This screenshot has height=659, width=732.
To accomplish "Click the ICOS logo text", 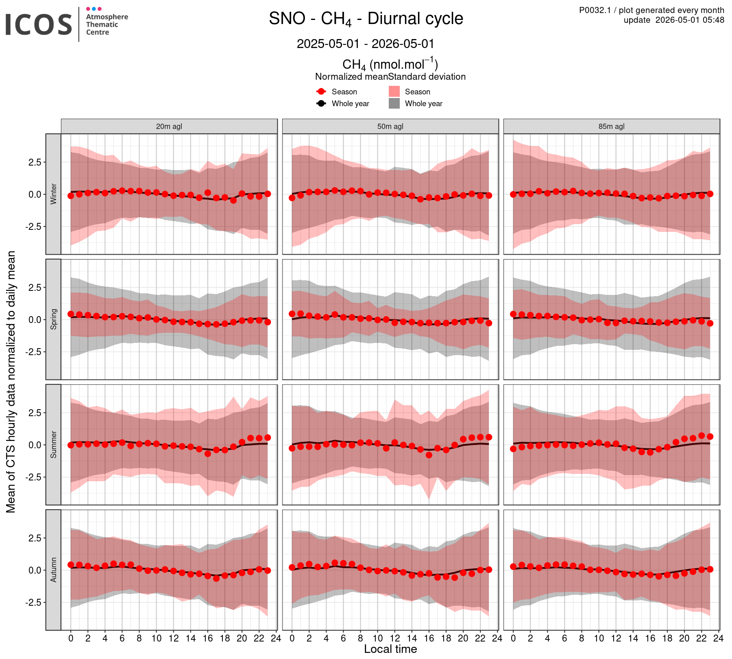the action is point(39,24).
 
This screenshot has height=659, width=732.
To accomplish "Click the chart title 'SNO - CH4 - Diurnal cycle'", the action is point(366,19).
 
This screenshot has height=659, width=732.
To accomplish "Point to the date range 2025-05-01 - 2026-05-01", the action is point(366,44).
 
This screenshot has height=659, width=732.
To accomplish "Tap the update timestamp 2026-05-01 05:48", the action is point(674,20).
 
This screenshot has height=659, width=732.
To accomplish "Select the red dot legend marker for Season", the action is point(321,92).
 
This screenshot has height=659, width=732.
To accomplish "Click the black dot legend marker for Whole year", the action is point(321,103).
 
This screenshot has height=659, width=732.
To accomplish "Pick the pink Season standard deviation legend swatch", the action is point(394,92).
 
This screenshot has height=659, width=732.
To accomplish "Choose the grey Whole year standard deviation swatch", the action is point(394,103).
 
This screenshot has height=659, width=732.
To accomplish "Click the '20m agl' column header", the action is point(169,126).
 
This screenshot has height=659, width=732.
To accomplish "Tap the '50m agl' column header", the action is point(390,126).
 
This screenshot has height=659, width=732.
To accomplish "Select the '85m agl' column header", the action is point(612,126).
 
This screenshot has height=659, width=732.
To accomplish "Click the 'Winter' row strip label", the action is point(53,194).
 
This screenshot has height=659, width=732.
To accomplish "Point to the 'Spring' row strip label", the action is point(53,319).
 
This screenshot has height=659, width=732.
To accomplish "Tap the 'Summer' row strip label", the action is point(53,445).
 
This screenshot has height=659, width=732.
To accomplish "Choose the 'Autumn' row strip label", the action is point(53,570).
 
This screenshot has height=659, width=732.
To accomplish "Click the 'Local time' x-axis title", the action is point(390,649).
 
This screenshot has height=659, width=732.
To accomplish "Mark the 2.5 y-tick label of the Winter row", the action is point(34,162).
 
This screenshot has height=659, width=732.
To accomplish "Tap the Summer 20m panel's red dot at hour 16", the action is point(208,454).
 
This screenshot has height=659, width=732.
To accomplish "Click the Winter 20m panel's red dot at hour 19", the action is point(233,200).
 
